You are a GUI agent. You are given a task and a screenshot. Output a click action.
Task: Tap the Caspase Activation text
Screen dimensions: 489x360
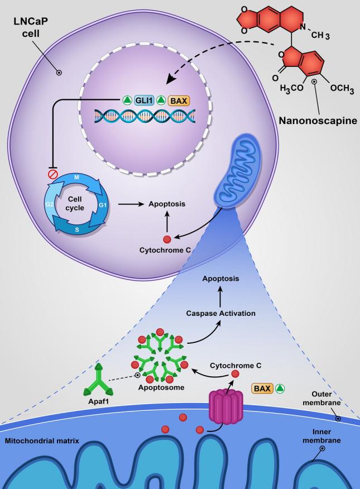tap(221, 313)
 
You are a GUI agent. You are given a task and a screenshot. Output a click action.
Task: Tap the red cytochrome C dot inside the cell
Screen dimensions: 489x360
tap(166, 239)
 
